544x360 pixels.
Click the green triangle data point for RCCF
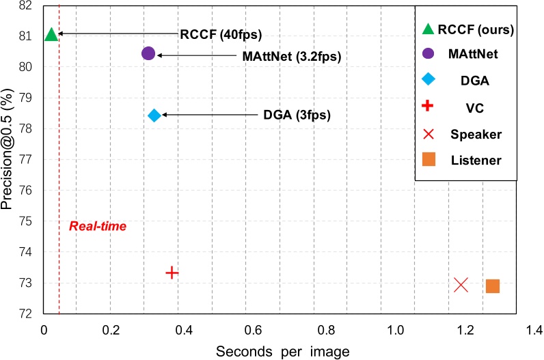tap(51, 33)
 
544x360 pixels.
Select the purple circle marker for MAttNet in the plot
tap(148, 53)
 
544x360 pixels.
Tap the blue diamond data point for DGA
tap(154, 115)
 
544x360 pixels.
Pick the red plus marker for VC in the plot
tap(172, 273)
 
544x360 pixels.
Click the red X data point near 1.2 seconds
tap(461, 284)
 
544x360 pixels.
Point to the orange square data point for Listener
tap(493, 286)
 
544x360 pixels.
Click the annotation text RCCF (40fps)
tap(221, 34)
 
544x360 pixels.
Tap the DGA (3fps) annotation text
tap(297, 115)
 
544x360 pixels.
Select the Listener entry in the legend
tap(476, 160)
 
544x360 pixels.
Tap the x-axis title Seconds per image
tap(283, 351)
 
